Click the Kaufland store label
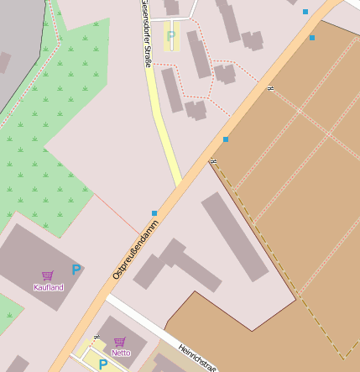point(48,287)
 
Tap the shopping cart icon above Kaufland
point(48,275)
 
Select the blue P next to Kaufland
point(76,270)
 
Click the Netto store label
point(121,353)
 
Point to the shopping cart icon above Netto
point(120,342)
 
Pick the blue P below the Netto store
point(102,364)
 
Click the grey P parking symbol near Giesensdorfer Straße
point(171,35)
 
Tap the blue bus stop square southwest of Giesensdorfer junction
point(154,213)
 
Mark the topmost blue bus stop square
point(305,12)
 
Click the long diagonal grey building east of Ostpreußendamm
point(235,236)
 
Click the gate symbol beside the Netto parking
point(97,337)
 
